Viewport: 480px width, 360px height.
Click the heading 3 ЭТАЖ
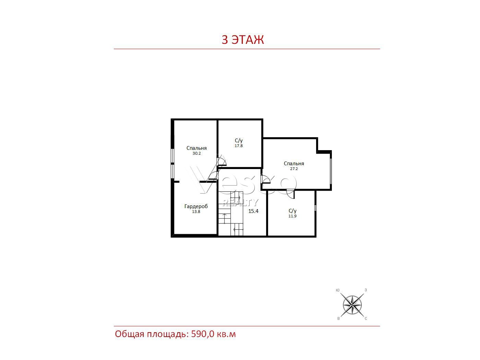click(x=242, y=39)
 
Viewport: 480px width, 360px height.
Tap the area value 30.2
click(x=196, y=153)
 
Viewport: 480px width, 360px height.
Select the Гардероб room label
click(x=196, y=206)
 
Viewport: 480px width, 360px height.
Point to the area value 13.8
click(x=196, y=212)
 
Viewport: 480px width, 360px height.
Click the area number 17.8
click(x=239, y=146)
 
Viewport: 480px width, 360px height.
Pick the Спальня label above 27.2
click(x=294, y=163)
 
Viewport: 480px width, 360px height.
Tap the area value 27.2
click(x=294, y=169)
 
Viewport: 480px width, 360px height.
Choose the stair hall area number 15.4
click(x=253, y=211)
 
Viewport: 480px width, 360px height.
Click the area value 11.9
click(x=292, y=216)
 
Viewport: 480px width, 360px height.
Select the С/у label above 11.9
click(x=292, y=211)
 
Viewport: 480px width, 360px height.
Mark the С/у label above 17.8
click(x=239, y=140)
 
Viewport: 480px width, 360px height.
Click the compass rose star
click(x=352, y=305)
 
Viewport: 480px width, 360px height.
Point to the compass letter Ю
click(x=337, y=290)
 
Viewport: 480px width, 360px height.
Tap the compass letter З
click(x=365, y=290)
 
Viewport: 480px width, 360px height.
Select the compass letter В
click(x=338, y=319)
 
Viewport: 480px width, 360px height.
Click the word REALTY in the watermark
click(x=240, y=203)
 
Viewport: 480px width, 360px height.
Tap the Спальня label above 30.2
click(x=196, y=148)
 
